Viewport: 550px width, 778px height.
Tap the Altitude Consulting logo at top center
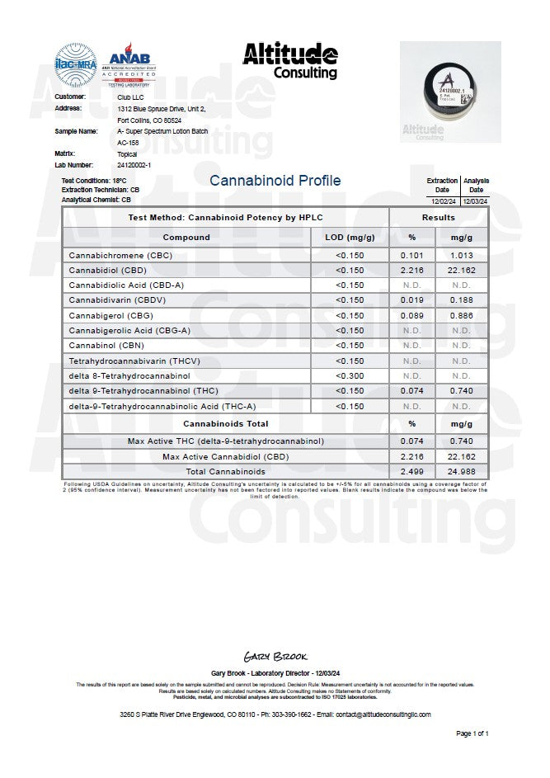click(x=289, y=60)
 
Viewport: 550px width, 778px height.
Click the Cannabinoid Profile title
click(x=275, y=181)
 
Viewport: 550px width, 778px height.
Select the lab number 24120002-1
click(x=134, y=165)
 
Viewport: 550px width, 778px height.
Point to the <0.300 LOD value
click(x=350, y=376)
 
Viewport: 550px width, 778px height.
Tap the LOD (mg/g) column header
click(x=350, y=238)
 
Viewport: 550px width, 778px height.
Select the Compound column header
click(x=186, y=238)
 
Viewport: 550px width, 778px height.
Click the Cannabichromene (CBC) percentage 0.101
click(x=411, y=255)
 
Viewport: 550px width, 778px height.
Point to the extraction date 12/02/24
click(x=442, y=200)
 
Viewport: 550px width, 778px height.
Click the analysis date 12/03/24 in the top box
click(x=475, y=200)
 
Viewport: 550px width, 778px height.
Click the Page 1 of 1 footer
click(x=472, y=733)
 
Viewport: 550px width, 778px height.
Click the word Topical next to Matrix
click(x=128, y=153)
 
